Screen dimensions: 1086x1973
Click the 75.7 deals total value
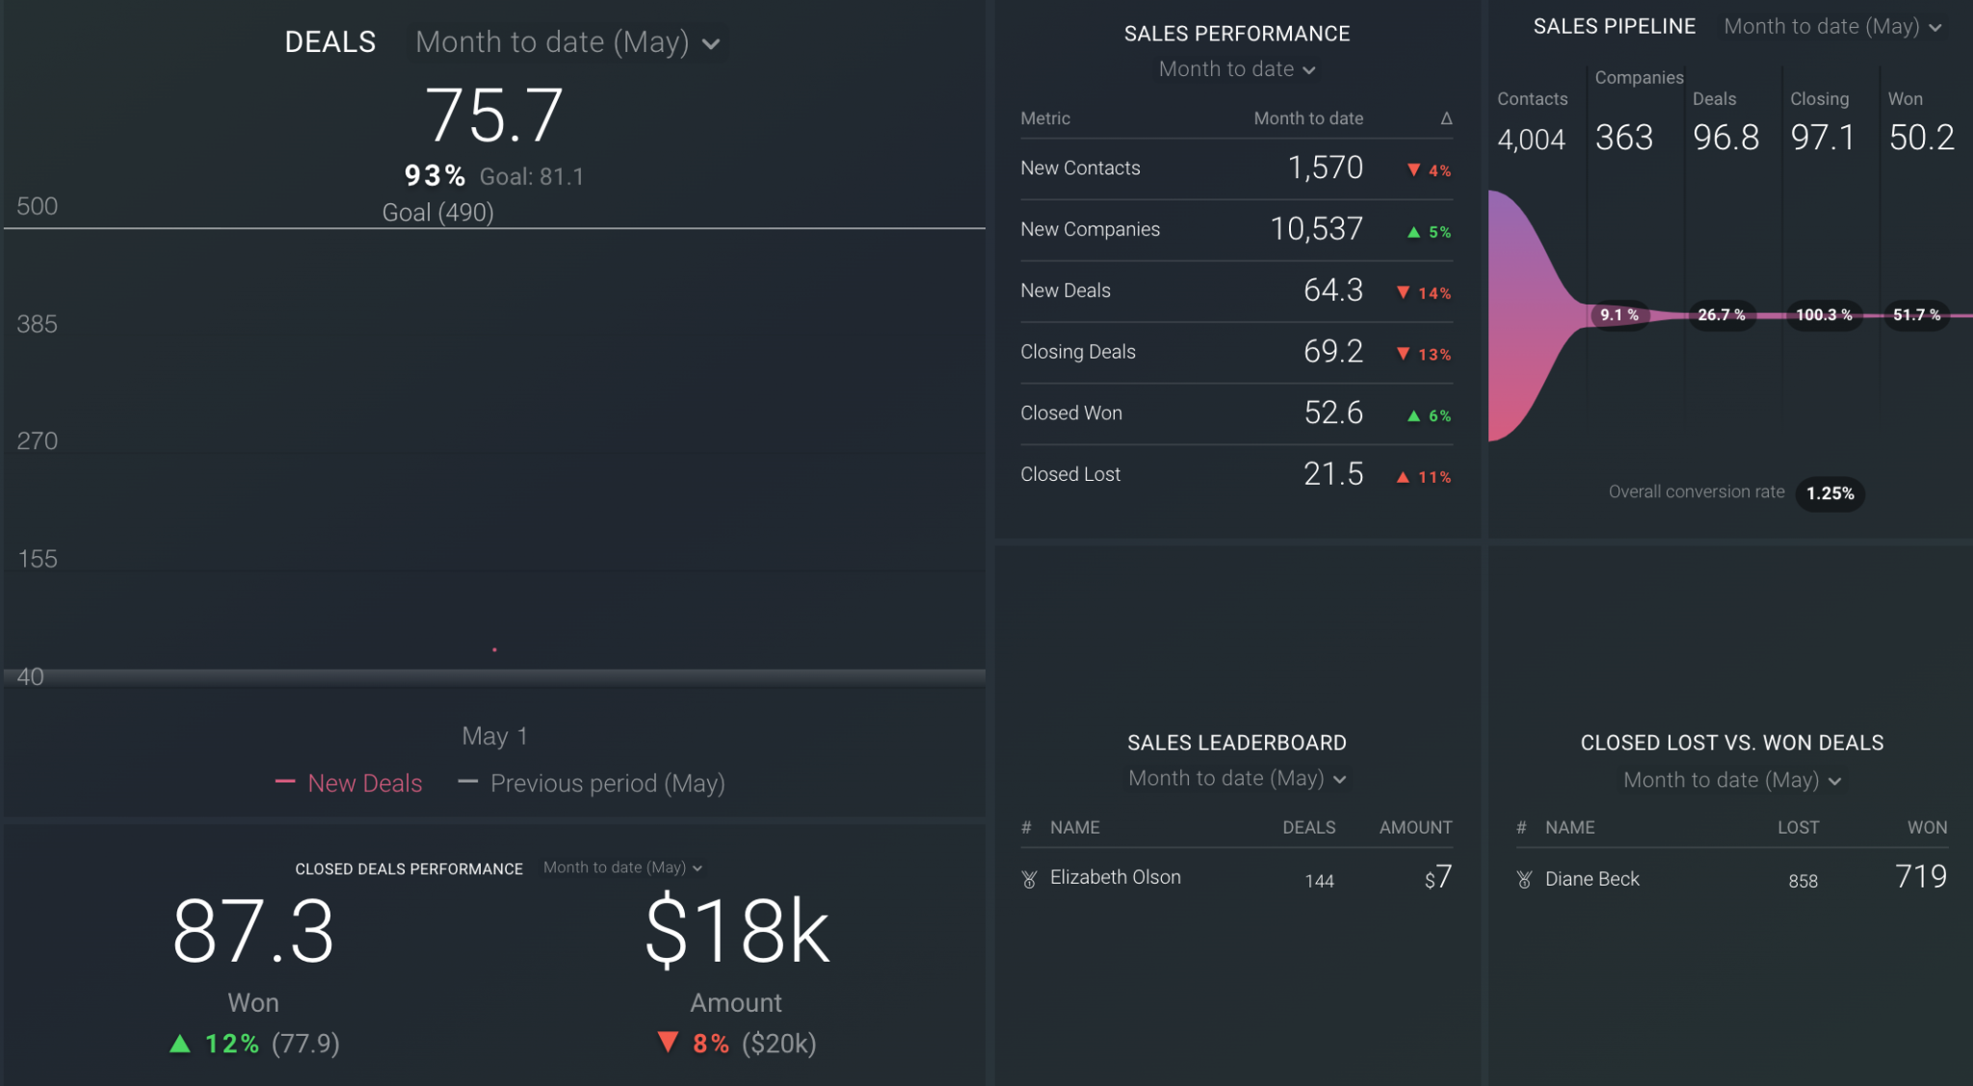[493, 116]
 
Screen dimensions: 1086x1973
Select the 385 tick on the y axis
[37, 324]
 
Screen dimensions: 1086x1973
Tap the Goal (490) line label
[437, 212]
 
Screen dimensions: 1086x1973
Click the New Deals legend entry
[364, 783]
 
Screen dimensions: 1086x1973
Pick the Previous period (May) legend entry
[607, 783]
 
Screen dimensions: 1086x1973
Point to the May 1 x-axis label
[494, 736]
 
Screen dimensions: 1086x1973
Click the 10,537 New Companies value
[1315, 229]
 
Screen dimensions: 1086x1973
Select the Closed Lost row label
[1069, 474]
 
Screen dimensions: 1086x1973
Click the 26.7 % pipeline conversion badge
[1721, 315]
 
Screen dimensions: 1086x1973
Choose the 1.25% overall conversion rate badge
[1829, 493]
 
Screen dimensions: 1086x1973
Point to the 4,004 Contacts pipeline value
[1531, 140]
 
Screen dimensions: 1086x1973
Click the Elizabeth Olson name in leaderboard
[1115, 878]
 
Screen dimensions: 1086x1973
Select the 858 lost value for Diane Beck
[1802, 881]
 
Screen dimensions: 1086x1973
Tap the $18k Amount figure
[736, 931]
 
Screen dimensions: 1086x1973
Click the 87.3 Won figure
[253, 931]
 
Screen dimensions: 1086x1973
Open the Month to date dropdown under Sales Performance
[1236, 69]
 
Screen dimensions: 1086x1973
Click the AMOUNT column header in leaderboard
[1414, 828]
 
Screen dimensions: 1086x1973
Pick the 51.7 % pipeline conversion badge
[1916, 315]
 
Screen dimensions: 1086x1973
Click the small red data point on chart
[494, 650]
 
